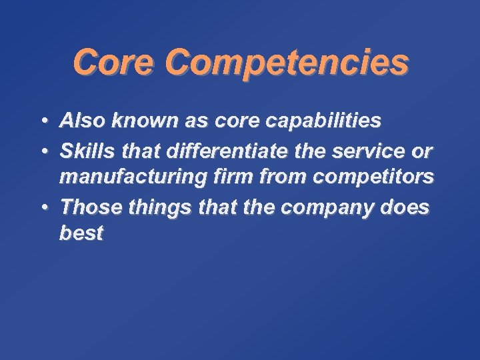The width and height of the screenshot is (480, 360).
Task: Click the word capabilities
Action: pos(321,121)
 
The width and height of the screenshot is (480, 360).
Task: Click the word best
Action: pos(81,234)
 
